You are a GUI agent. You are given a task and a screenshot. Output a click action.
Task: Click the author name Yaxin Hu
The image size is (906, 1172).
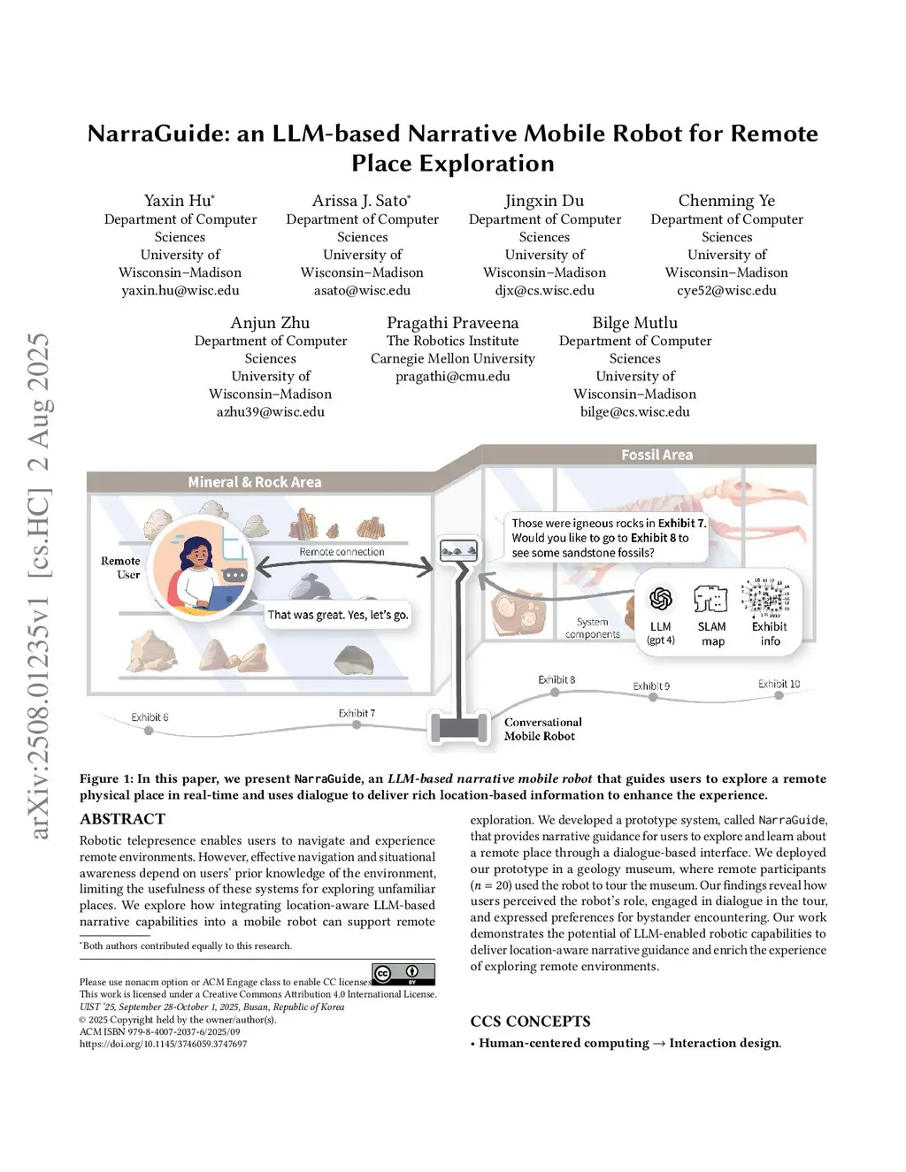[179, 201]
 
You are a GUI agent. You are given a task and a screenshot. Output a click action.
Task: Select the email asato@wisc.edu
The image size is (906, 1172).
[362, 290]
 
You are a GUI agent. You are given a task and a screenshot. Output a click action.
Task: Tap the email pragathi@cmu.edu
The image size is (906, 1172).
[452, 376]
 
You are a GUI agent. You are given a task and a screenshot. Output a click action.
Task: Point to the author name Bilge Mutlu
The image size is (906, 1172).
[634, 323]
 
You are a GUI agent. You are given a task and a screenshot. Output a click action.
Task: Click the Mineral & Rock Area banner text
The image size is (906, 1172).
[255, 482]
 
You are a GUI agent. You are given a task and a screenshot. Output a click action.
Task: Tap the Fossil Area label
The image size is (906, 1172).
[656, 455]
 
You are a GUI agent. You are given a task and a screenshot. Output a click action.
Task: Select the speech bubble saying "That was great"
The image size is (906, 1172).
[338, 615]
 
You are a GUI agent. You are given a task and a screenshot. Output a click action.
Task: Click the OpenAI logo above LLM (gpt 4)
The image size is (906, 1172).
[660, 600]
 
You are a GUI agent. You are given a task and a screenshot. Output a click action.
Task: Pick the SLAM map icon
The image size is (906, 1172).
[711, 600]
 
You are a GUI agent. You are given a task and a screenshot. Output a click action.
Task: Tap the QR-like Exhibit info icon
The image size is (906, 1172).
[767, 597]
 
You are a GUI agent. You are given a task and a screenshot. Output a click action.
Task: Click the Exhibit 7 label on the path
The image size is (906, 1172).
[357, 713]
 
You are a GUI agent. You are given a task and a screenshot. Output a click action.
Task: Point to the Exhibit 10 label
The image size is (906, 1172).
[779, 684]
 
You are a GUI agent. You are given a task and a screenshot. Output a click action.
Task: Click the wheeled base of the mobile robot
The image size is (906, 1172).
[459, 728]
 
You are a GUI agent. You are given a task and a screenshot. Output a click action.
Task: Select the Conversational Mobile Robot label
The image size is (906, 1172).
[542, 729]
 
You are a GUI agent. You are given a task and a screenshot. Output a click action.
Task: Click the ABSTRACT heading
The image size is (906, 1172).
[122, 819]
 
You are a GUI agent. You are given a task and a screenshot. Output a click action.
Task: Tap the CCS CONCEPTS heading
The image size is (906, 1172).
[530, 1022]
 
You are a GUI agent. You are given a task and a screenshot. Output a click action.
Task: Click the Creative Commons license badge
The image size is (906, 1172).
[403, 974]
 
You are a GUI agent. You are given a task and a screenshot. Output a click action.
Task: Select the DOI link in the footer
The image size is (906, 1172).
[163, 1044]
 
